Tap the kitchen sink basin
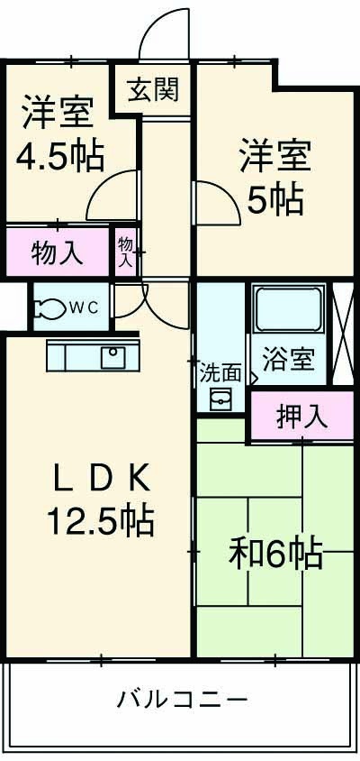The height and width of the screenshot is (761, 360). pos(113,357)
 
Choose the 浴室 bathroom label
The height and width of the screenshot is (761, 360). pos(288,360)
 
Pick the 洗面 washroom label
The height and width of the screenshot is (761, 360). pos(220,371)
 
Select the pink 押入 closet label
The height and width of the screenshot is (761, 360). pos(301,417)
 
